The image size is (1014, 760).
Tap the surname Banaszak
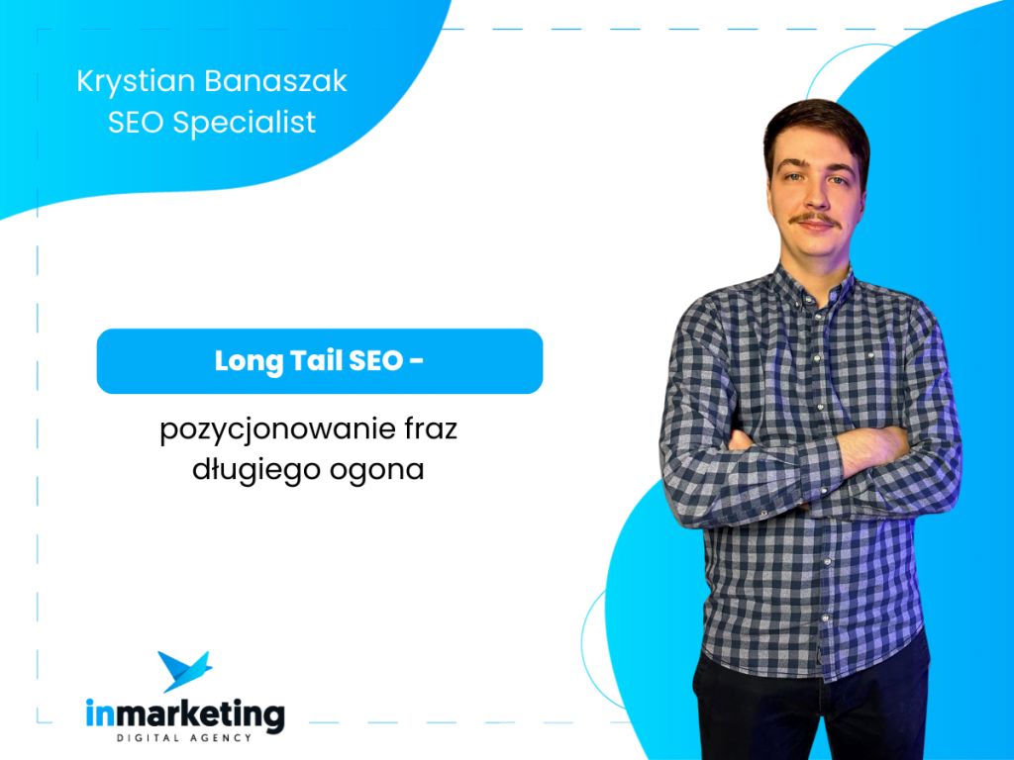point(276,81)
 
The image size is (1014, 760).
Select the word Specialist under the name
point(244,122)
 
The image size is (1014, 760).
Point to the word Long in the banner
point(249,362)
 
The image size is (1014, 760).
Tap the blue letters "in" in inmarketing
point(100,713)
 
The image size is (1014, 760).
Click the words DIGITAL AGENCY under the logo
point(183,738)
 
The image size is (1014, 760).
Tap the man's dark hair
point(816,130)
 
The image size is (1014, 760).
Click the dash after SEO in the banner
point(417,360)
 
